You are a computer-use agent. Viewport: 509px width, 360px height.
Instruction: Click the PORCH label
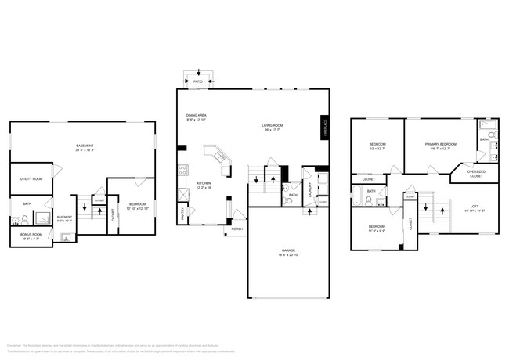(x=236, y=229)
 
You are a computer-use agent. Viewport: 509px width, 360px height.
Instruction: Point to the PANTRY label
(x=182, y=211)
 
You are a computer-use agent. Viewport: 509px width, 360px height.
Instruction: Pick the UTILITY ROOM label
(x=31, y=179)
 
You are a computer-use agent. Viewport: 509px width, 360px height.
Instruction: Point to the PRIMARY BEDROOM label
(x=441, y=145)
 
